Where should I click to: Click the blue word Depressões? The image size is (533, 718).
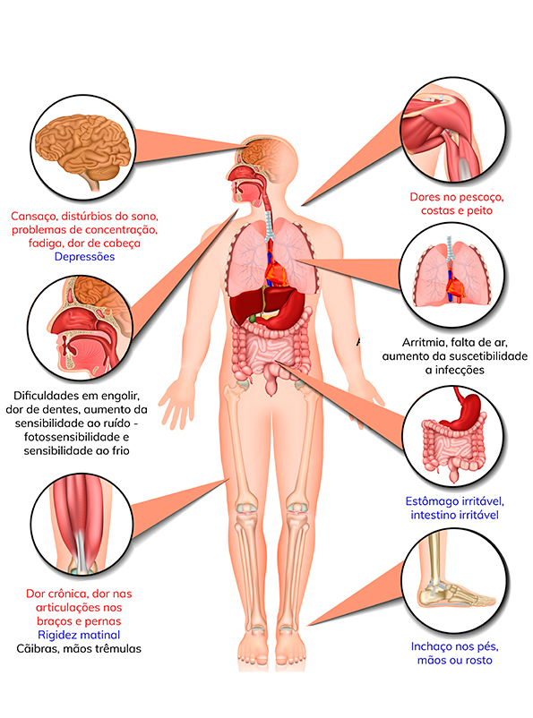84,257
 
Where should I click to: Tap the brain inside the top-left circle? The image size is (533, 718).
85,149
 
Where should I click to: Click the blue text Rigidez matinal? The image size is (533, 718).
79,635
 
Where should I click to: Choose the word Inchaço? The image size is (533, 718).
429,647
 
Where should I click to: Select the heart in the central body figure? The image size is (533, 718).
278,273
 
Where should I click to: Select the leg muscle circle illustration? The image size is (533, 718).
82,525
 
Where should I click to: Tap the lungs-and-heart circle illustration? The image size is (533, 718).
452,275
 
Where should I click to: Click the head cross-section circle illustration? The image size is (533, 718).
81,328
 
